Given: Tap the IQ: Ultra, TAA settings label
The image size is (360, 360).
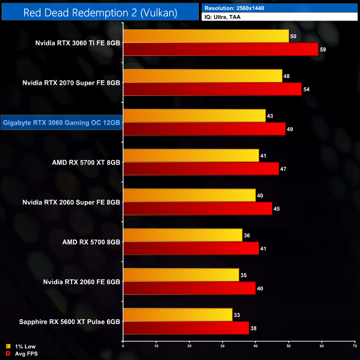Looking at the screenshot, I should tap(225, 18).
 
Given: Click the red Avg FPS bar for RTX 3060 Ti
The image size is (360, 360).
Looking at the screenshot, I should tap(220, 49).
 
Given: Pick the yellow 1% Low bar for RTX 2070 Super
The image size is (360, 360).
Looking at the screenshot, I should tap(203, 76).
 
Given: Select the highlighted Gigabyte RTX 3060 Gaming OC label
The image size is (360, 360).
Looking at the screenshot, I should tap(61, 122).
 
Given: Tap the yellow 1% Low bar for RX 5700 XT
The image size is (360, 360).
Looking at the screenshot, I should tap(191, 156).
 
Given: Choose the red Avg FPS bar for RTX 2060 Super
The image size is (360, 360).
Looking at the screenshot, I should tap(198, 209).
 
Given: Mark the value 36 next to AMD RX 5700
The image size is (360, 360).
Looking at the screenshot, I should tap(247, 235).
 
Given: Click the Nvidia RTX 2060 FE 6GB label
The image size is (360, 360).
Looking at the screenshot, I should tap(81, 282).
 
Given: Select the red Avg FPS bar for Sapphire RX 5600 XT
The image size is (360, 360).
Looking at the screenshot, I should tap(186, 328).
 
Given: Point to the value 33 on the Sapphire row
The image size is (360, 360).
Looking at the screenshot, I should tap(237, 315).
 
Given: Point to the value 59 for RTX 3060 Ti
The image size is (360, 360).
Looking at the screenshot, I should tap(323, 49).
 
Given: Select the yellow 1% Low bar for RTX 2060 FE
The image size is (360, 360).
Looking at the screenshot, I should tap(181, 275).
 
